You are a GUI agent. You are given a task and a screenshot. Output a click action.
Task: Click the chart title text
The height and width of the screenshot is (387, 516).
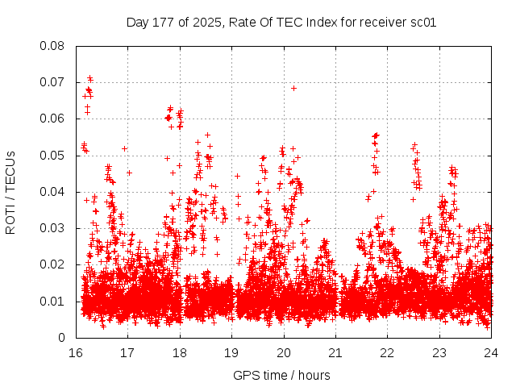(x=281, y=22)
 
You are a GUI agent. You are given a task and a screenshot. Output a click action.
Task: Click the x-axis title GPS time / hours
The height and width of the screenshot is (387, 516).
(x=281, y=375)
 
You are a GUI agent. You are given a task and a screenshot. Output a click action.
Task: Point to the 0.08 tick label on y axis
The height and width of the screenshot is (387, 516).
(x=53, y=45)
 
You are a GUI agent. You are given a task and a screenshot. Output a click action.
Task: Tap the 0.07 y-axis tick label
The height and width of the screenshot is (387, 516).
(x=53, y=82)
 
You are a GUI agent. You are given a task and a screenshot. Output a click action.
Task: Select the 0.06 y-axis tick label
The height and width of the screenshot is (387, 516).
(x=53, y=119)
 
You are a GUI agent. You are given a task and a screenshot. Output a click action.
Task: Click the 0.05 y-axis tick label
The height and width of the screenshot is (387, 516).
(x=53, y=155)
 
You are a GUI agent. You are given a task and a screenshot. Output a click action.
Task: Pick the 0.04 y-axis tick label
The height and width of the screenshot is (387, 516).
(x=53, y=192)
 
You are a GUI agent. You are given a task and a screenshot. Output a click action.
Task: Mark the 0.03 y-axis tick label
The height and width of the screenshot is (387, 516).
(x=53, y=228)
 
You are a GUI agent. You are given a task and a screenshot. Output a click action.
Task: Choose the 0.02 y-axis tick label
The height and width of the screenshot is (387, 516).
(x=53, y=264)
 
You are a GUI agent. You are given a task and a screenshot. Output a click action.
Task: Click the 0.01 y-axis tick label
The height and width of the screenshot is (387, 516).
(x=53, y=302)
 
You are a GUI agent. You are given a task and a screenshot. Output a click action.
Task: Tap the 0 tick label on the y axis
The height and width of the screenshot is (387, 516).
(x=62, y=338)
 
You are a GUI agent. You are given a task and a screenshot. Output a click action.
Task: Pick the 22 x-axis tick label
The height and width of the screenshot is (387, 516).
(x=388, y=353)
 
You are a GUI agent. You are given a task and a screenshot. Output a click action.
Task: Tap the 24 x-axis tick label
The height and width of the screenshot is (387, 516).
(x=491, y=353)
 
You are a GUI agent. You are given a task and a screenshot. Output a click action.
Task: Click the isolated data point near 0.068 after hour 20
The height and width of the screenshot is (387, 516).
(x=293, y=88)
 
